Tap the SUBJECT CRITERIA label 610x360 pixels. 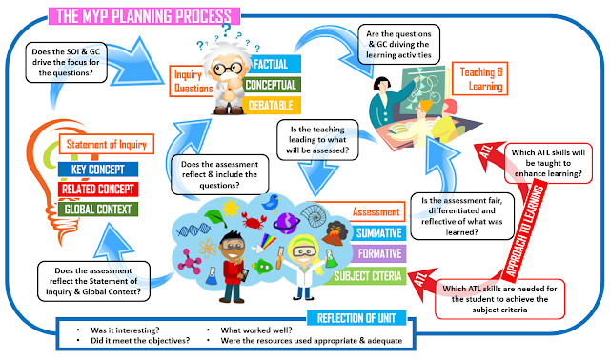pyautogui.click(x=366, y=276)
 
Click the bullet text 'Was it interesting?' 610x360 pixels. pyautogui.click(x=121, y=331)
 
